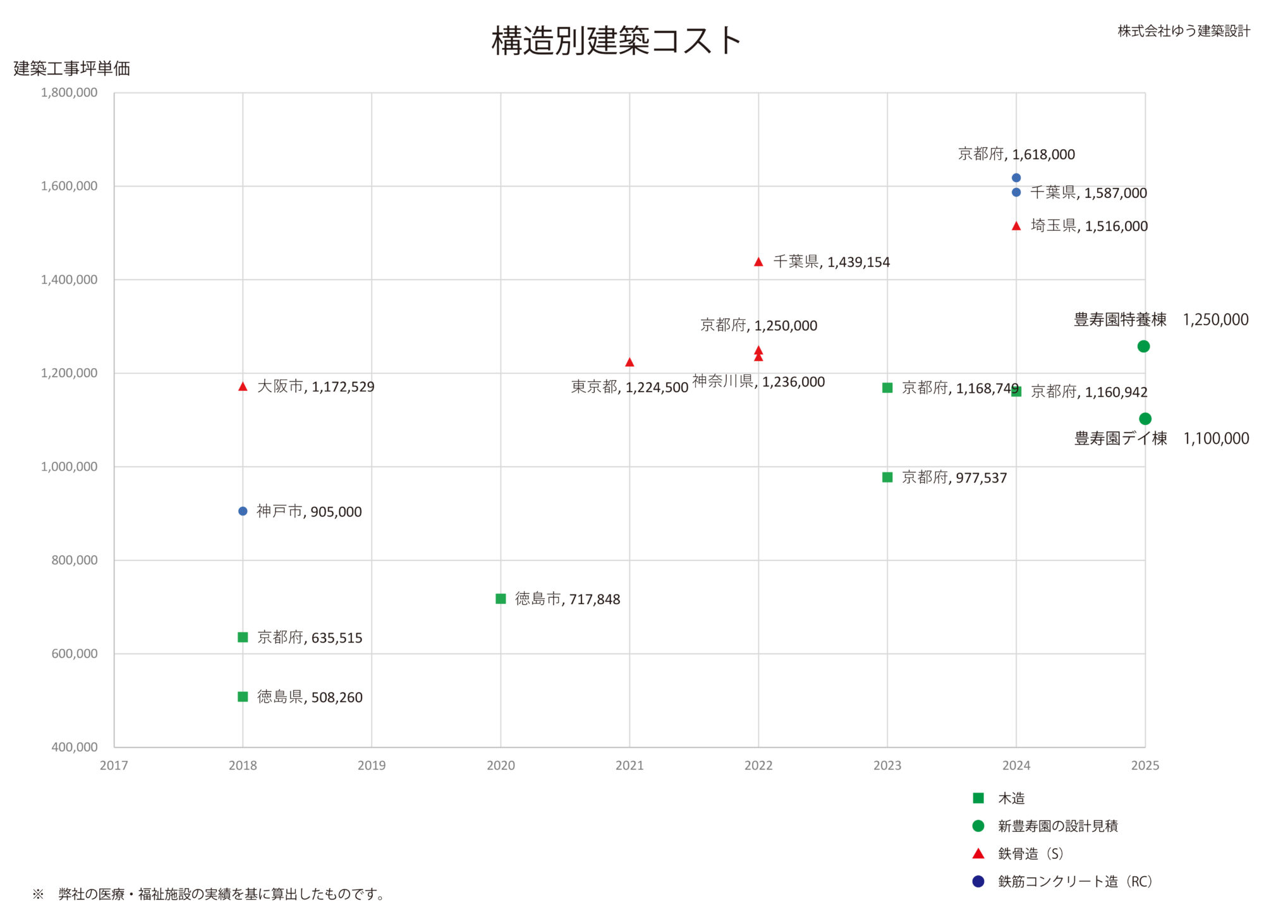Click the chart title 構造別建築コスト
(616, 41)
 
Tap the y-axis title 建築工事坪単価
(71, 68)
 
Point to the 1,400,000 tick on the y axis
(70, 280)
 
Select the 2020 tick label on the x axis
(501, 765)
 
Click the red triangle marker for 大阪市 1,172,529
(243, 386)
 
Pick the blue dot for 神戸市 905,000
(243, 511)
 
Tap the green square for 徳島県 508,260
(243, 696)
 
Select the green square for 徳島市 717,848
(501, 599)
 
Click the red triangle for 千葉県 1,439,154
(758, 262)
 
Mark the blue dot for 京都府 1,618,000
(1016, 178)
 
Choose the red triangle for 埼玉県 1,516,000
(1016, 226)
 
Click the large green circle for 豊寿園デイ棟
(1145, 419)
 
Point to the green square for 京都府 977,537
(887, 477)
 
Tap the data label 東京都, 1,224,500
(629, 387)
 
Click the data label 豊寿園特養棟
(1120, 319)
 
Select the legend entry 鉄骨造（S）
(1031, 853)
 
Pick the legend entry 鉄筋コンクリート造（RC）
(1075, 881)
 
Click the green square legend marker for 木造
(978, 798)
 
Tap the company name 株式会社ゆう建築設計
(1184, 31)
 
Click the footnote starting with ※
(209, 894)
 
